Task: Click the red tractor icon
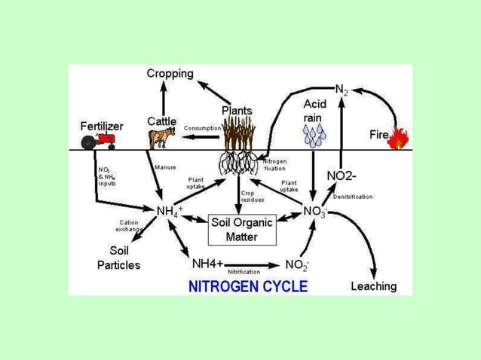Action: tap(101, 141)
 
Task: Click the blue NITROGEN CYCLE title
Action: tap(247, 286)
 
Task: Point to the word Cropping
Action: tap(170, 74)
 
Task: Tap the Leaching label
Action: tap(373, 286)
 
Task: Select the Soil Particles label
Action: tap(118, 258)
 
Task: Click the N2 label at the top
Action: tap(342, 90)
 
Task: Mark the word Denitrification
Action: tap(374, 196)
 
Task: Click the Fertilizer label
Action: tap(102, 125)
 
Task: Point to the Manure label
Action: tap(164, 167)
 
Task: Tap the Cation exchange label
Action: tap(128, 225)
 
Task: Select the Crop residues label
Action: tap(251, 195)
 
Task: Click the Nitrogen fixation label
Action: tap(274, 165)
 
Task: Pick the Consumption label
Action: tap(201, 128)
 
